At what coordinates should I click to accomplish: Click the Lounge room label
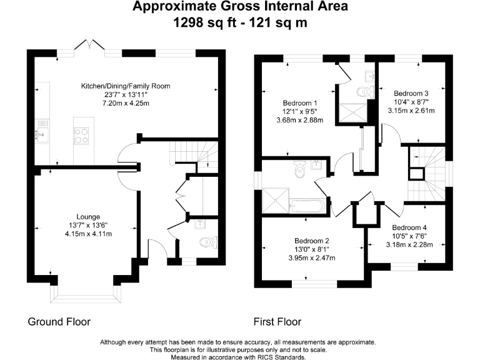coord(88,217)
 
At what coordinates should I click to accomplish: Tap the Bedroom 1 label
coord(300,103)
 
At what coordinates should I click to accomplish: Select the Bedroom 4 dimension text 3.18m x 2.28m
coord(409,244)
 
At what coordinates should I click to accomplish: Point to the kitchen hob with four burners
coord(81,136)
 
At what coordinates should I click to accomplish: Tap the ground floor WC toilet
coord(209,242)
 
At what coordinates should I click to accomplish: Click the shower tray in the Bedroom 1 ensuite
coord(352,113)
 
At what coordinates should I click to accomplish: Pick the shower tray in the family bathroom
coord(276,200)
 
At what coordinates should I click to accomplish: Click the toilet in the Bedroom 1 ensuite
coord(365,91)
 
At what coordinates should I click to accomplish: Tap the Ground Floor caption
coord(59,322)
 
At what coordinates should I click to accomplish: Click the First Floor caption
coord(277,322)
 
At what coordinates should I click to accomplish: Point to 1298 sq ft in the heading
coord(205,22)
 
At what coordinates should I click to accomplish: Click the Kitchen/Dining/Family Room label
coord(126,86)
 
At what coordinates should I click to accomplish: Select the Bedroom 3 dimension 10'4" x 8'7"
coord(411,102)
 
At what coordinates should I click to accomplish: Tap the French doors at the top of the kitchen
coord(89,46)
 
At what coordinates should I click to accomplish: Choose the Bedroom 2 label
coord(312,241)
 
